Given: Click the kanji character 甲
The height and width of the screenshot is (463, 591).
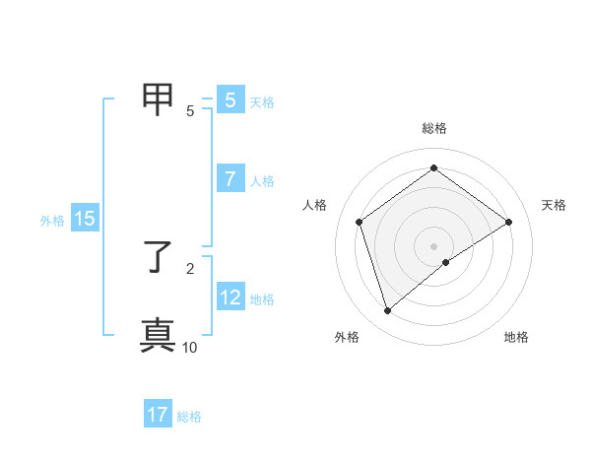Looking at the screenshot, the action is (x=159, y=98).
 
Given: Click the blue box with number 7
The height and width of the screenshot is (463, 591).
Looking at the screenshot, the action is (x=230, y=179).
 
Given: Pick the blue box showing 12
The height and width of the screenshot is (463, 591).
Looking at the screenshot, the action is (x=230, y=298).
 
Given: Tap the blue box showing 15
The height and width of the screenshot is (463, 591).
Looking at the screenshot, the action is (x=85, y=220).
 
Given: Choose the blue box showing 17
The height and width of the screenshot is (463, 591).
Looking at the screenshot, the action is (x=158, y=415).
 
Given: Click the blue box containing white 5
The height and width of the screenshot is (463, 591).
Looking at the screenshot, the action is (x=230, y=100).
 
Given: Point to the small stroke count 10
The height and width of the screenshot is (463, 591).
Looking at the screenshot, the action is (x=190, y=347).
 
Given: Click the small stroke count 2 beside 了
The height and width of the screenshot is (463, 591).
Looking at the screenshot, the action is (x=190, y=267).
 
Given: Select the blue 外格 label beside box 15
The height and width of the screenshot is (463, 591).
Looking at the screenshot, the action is (x=52, y=221).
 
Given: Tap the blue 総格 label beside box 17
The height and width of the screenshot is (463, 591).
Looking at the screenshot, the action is (x=189, y=417).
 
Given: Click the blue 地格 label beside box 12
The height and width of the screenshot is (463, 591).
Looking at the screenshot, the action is (x=262, y=299).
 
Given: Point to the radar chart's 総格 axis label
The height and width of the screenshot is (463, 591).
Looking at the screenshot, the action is (x=434, y=128).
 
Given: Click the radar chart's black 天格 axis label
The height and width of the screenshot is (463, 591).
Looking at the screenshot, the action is (x=554, y=205).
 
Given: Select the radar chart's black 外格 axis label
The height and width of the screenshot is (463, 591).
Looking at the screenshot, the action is (x=347, y=337).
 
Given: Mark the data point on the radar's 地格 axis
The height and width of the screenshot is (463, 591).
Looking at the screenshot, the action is (x=446, y=262).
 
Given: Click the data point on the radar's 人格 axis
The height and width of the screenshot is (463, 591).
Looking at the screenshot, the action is (x=360, y=222).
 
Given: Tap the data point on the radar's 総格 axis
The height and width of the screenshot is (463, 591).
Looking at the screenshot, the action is (x=433, y=168).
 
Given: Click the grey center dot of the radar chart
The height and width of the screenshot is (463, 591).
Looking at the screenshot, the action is (x=433, y=245).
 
